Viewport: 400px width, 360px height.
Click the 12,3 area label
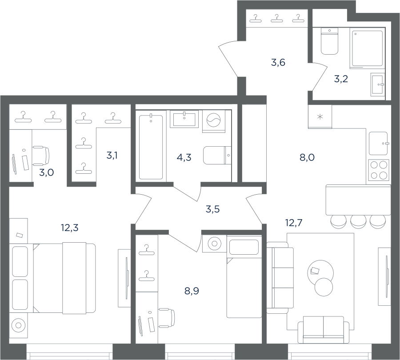pos(70,228)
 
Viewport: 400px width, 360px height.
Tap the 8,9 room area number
pos(192,290)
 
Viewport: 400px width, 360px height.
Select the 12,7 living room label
pos(294,223)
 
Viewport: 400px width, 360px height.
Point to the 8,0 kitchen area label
pos(307,157)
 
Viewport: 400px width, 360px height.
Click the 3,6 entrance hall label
pos(278,62)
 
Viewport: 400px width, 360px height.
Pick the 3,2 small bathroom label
pos(341,79)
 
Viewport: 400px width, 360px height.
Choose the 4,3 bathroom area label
pos(184,157)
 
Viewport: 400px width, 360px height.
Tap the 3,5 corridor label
pos(212,209)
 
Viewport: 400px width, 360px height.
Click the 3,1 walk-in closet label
pos(112,155)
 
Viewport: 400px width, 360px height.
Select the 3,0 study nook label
pos(46,172)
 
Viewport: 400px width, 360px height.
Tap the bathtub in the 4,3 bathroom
pos(151,147)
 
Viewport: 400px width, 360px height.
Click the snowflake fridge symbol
pos(320,117)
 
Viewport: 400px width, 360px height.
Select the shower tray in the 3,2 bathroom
pos(368,48)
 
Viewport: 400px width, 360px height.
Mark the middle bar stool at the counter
pos(358,221)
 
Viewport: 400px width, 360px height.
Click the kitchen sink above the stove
pos(379,144)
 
